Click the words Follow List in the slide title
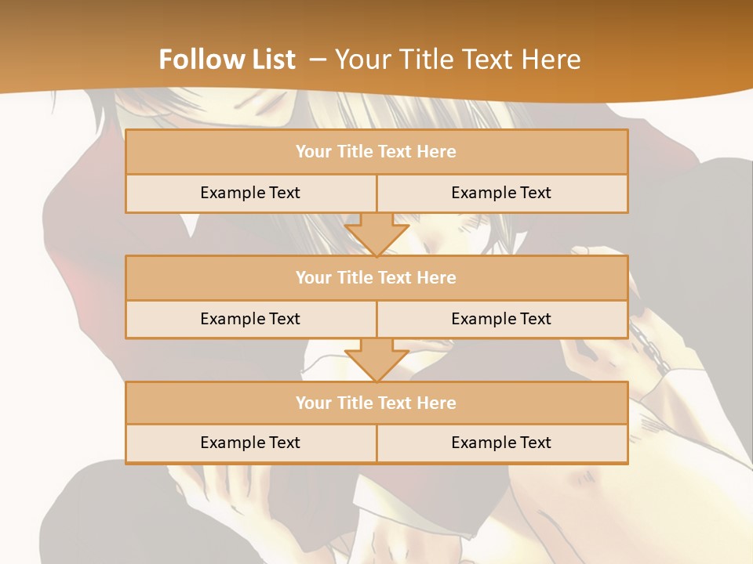(x=227, y=60)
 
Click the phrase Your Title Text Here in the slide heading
(x=457, y=60)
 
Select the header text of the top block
(x=376, y=152)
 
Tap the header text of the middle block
(x=376, y=277)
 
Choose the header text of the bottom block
(x=376, y=403)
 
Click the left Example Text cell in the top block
(x=250, y=193)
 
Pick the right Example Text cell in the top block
(x=501, y=193)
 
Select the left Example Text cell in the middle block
(x=250, y=319)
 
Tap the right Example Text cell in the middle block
(x=501, y=319)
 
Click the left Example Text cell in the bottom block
(x=250, y=443)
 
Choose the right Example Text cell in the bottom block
(x=501, y=443)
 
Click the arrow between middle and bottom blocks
(x=376, y=360)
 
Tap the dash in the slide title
(x=318, y=60)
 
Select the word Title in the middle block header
(x=353, y=277)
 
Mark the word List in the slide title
(x=271, y=60)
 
